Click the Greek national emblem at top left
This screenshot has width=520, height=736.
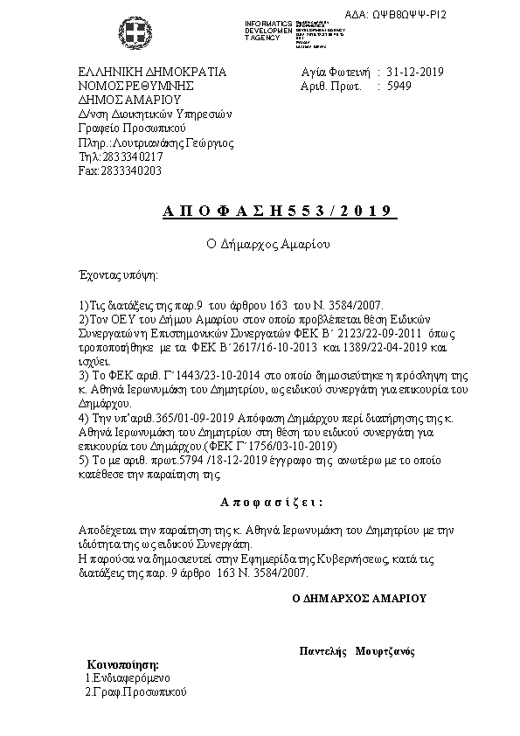tap(136, 36)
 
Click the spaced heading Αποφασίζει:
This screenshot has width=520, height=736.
tap(271, 503)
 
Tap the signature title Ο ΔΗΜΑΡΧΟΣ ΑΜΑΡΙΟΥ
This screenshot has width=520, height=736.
tap(359, 599)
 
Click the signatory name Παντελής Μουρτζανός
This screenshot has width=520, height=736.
tap(357, 651)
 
